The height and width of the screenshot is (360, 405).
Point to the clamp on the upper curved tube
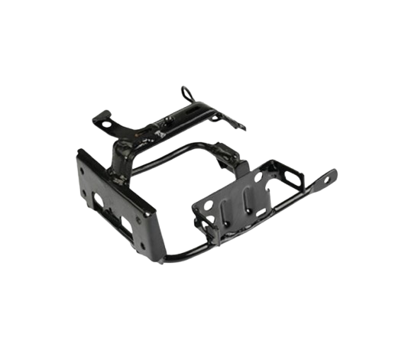click(x=227, y=152)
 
